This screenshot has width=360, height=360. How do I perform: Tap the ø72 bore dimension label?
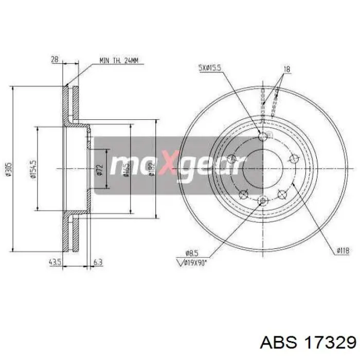[101, 169]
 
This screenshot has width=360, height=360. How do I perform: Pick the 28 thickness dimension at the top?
[54, 59]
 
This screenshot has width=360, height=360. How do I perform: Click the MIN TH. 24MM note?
[118, 61]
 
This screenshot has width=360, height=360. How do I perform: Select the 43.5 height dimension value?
[55, 262]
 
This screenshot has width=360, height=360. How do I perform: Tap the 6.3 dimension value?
[98, 262]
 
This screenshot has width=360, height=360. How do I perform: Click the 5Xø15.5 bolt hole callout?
[211, 67]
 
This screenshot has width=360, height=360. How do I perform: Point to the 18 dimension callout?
[287, 68]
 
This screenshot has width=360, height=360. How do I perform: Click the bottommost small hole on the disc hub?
[263, 201]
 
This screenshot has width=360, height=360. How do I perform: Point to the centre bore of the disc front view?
[263, 169]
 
